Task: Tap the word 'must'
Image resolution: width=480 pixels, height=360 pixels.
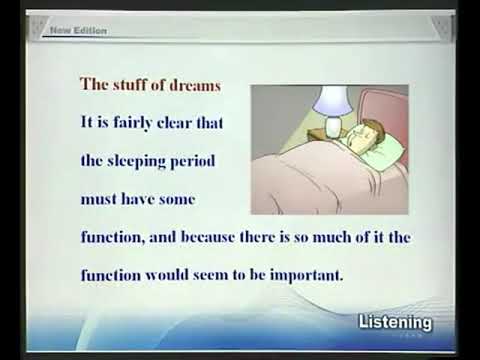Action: pyautogui.click(x=98, y=198)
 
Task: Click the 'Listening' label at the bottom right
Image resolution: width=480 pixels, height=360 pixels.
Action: pyautogui.click(x=395, y=323)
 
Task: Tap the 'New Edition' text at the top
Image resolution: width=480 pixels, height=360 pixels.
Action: pyautogui.click(x=78, y=31)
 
